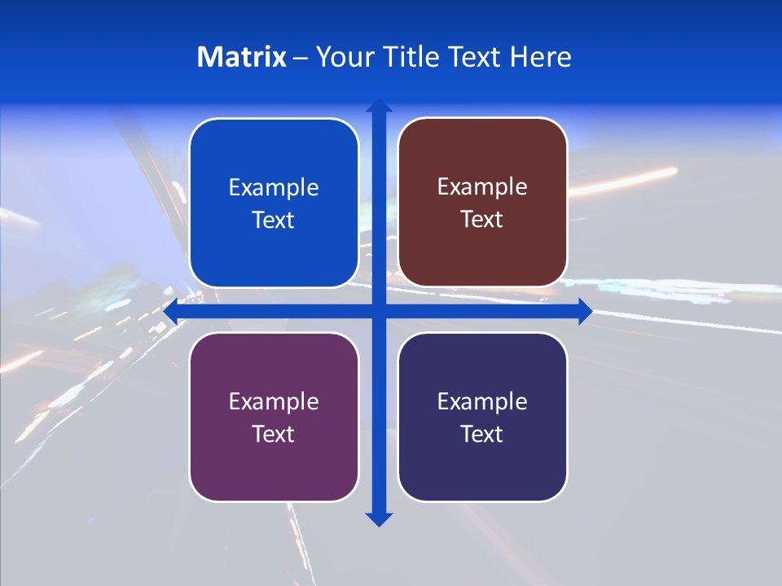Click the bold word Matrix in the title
pos(242,57)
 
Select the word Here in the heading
pos(541,57)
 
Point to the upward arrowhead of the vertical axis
pos(379,107)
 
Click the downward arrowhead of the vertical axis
pos(379,518)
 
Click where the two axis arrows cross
pos(379,312)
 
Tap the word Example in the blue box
pos(274,188)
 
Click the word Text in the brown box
pos(482,220)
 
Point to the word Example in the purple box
pos(274,402)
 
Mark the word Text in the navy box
pos(482,434)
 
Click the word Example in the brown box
pos(482,187)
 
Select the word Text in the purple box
pos(274,434)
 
